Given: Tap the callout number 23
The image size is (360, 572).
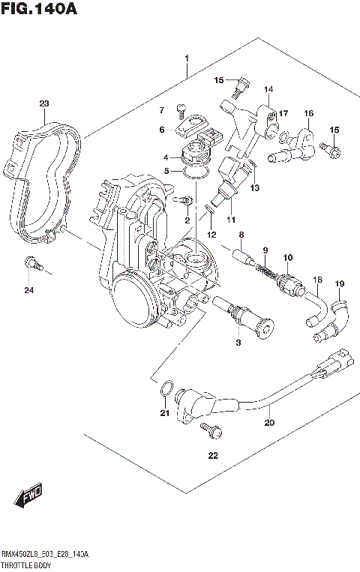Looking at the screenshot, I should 44,103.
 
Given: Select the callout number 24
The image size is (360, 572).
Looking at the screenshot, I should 28,290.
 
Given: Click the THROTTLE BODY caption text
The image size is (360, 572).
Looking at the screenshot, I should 25,563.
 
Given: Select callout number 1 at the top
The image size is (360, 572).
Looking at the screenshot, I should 187,58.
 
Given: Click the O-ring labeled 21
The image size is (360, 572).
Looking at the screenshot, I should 168,388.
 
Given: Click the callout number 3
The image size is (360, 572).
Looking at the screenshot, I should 238,343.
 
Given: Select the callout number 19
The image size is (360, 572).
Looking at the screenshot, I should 339,283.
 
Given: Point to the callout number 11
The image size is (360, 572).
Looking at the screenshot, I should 231,220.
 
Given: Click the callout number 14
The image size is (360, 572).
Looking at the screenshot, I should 268,90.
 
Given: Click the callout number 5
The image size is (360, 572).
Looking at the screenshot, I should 166,171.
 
